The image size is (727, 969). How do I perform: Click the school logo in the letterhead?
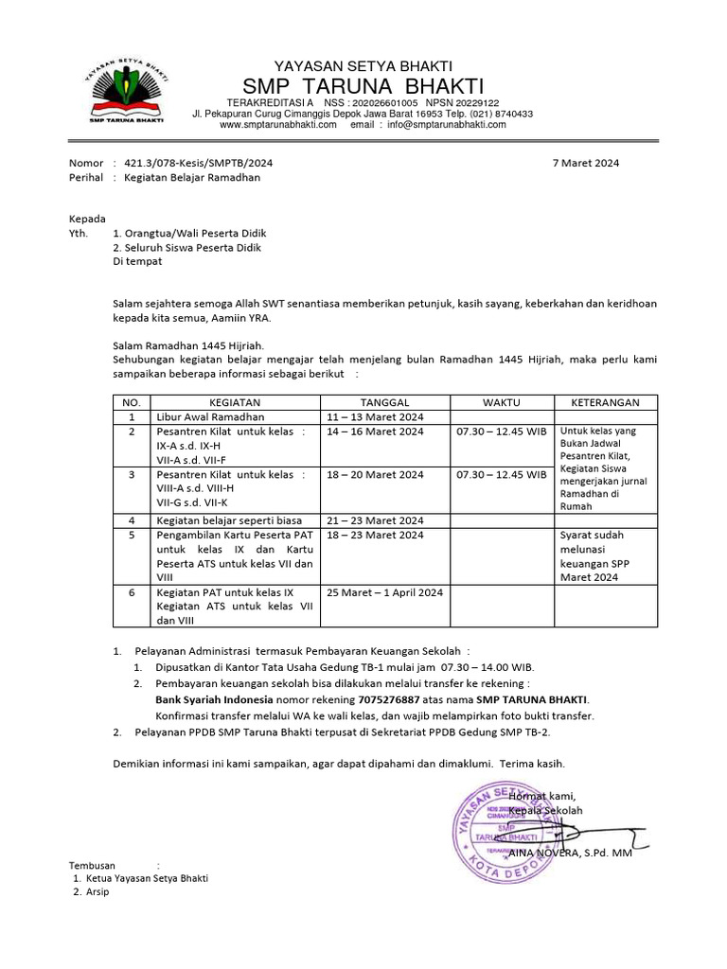tap(127, 91)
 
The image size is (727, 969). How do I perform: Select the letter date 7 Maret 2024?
tap(586, 163)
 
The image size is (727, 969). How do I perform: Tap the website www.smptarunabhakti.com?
tap(278, 124)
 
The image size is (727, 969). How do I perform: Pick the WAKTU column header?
tap(501, 402)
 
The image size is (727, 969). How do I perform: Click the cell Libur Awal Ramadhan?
tap(210, 416)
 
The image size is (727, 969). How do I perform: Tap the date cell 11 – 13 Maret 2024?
tap(376, 416)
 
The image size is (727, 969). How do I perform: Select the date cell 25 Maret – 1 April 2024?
tap(384, 592)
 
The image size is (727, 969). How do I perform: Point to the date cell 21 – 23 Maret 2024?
tap(376, 520)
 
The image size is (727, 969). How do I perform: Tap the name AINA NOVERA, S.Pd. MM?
tap(571, 853)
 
